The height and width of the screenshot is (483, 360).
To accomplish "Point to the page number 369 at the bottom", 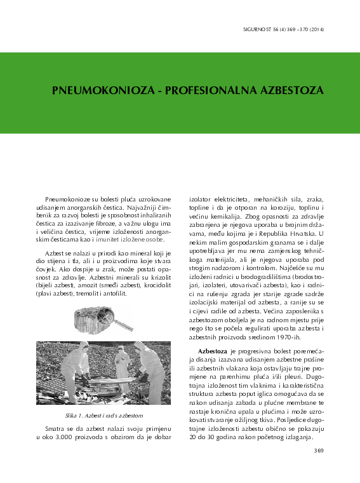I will (x=319, y=451).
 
